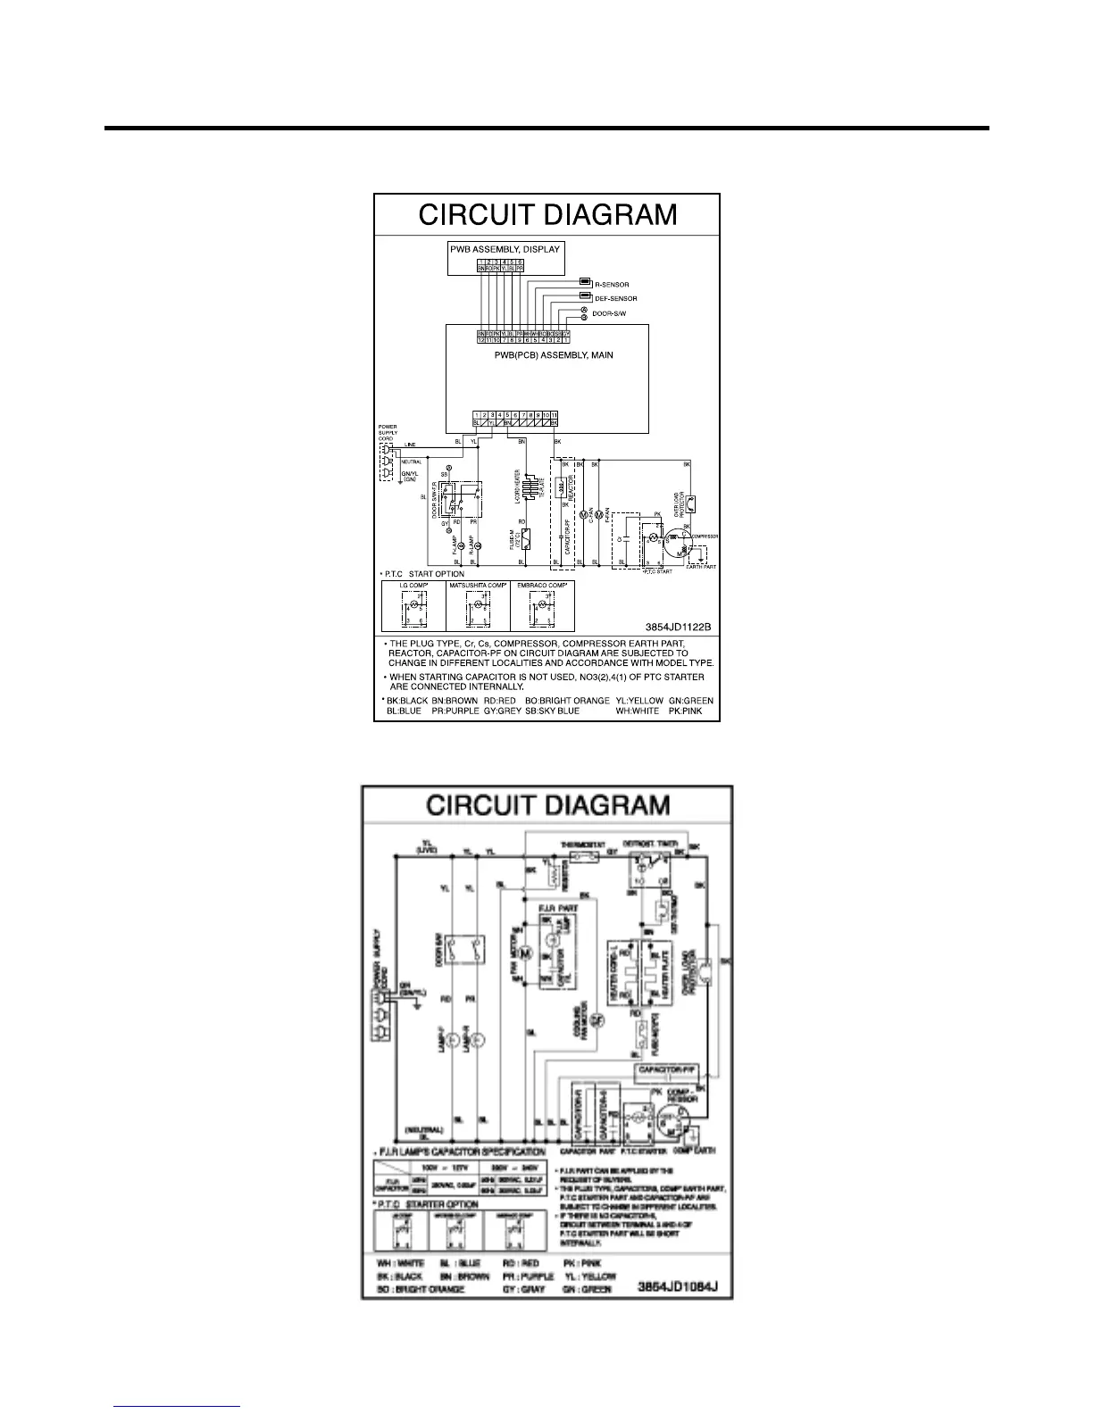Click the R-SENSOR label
point(612,285)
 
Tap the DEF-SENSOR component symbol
point(585,295)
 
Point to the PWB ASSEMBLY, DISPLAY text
point(505,249)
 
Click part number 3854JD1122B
point(678,626)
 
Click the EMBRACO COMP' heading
point(542,585)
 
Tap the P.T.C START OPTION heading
point(425,574)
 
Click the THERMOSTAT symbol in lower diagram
point(585,854)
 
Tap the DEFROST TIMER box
point(650,862)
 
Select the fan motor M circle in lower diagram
point(526,953)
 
